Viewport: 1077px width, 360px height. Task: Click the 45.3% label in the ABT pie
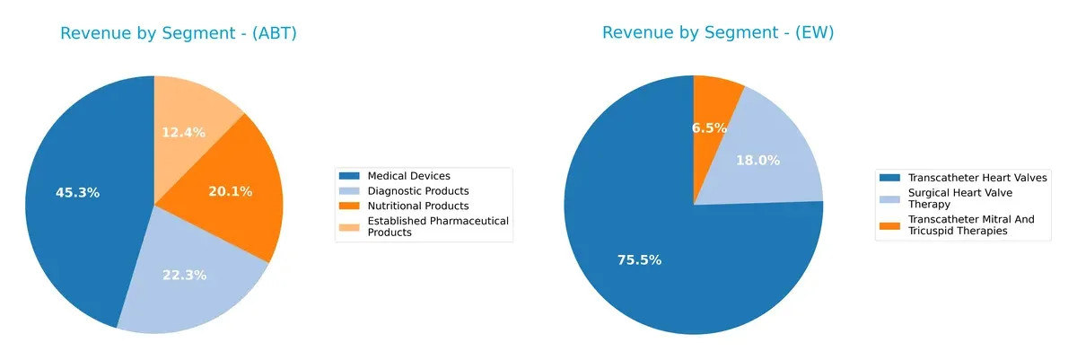[x=76, y=192]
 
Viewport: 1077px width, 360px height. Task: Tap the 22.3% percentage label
[x=184, y=275]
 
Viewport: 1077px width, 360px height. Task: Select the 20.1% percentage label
[x=230, y=191]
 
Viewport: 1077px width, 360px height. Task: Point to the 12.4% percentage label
[x=183, y=132]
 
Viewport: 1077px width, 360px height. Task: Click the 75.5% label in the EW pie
[x=639, y=260]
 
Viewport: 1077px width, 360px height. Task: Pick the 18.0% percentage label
[x=757, y=160]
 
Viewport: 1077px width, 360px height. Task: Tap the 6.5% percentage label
[x=709, y=127]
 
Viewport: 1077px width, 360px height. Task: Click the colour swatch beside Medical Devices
[x=351, y=176]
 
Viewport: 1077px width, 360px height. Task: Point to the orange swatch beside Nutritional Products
[x=351, y=206]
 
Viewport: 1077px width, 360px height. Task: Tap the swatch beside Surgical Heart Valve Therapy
[x=890, y=193]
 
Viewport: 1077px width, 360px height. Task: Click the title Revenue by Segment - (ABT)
[x=178, y=33]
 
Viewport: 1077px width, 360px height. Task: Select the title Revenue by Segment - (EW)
[x=718, y=33]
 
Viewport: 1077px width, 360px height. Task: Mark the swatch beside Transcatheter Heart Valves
[x=890, y=178]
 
